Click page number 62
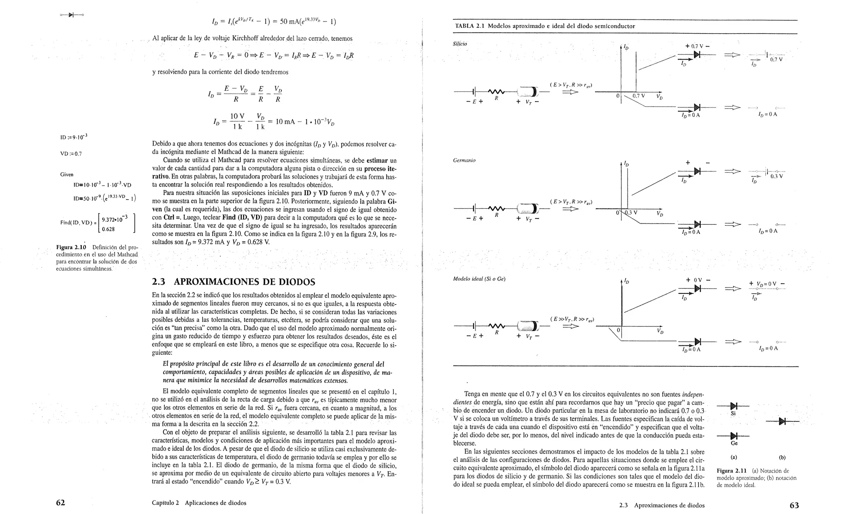click(x=61, y=503)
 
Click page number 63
click(x=794, y=505)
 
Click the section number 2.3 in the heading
click(x=159, y=282)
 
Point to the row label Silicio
click(x=460, y=44)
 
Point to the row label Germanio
click(x=464, y=160)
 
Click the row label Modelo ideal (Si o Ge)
click(x=479, y=279)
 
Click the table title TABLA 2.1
click(x=470, y=26)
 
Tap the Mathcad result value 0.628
click(x=108, y=229)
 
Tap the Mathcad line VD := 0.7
click(x=71, y=154)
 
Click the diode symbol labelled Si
click(x=734, y=407)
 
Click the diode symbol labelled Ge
click(x=734, y=436)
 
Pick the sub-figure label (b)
click(x=782, y=457)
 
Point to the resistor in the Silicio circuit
click(x=496, y=92)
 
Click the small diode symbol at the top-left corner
click(x=71, y=15)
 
